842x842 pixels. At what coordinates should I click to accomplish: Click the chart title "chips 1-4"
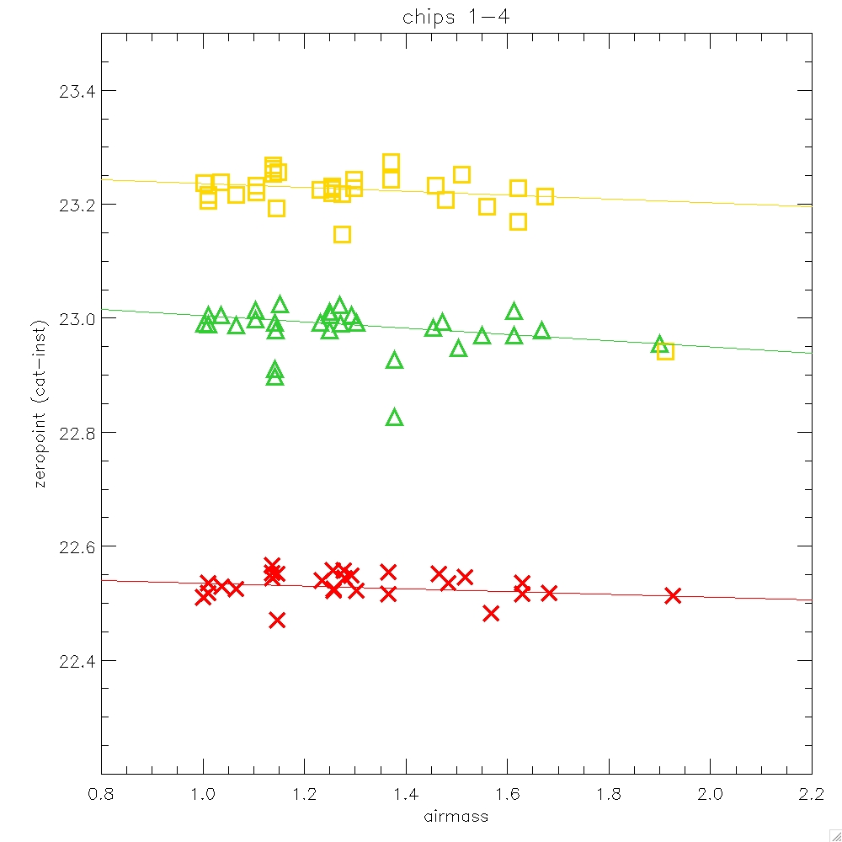point(456,19)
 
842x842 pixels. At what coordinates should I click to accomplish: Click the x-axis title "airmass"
point(456,816)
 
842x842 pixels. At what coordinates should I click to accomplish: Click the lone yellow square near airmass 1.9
point(665,351)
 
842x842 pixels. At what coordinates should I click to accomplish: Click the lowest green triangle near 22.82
point(394,418)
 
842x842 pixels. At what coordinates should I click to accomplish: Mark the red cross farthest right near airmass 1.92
point(672,595)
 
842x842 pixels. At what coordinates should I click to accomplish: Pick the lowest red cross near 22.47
point(277,620)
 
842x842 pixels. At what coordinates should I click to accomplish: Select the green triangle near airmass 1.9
point(659,344)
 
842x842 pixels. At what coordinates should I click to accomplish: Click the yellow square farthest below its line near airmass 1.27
point(342,234)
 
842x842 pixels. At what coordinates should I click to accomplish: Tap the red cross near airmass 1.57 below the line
point(491,613)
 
